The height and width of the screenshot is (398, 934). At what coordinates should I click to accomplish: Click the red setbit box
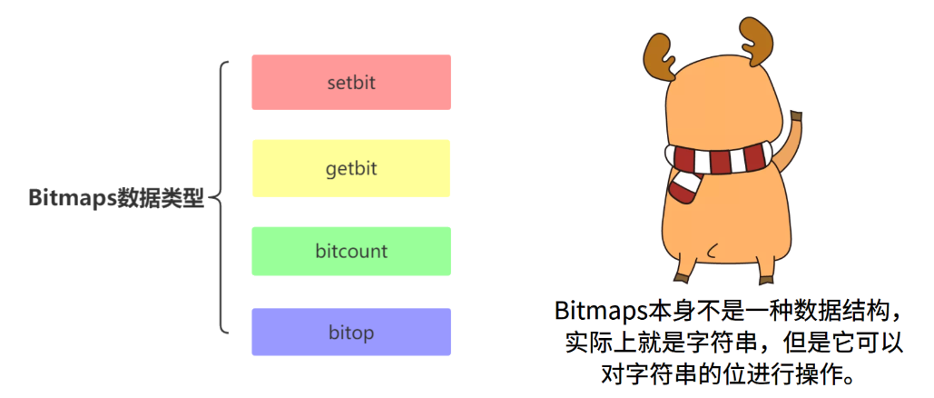pos(351,82)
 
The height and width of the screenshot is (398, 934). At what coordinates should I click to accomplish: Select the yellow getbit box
pos(351,168)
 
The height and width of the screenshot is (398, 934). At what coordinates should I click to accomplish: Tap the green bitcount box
pos(351,251)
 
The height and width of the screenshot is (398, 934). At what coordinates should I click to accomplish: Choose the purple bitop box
pos(351,332)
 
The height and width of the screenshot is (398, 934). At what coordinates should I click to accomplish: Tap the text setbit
pos(351,82)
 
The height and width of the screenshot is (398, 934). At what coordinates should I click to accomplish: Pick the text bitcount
pos(351,251)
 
